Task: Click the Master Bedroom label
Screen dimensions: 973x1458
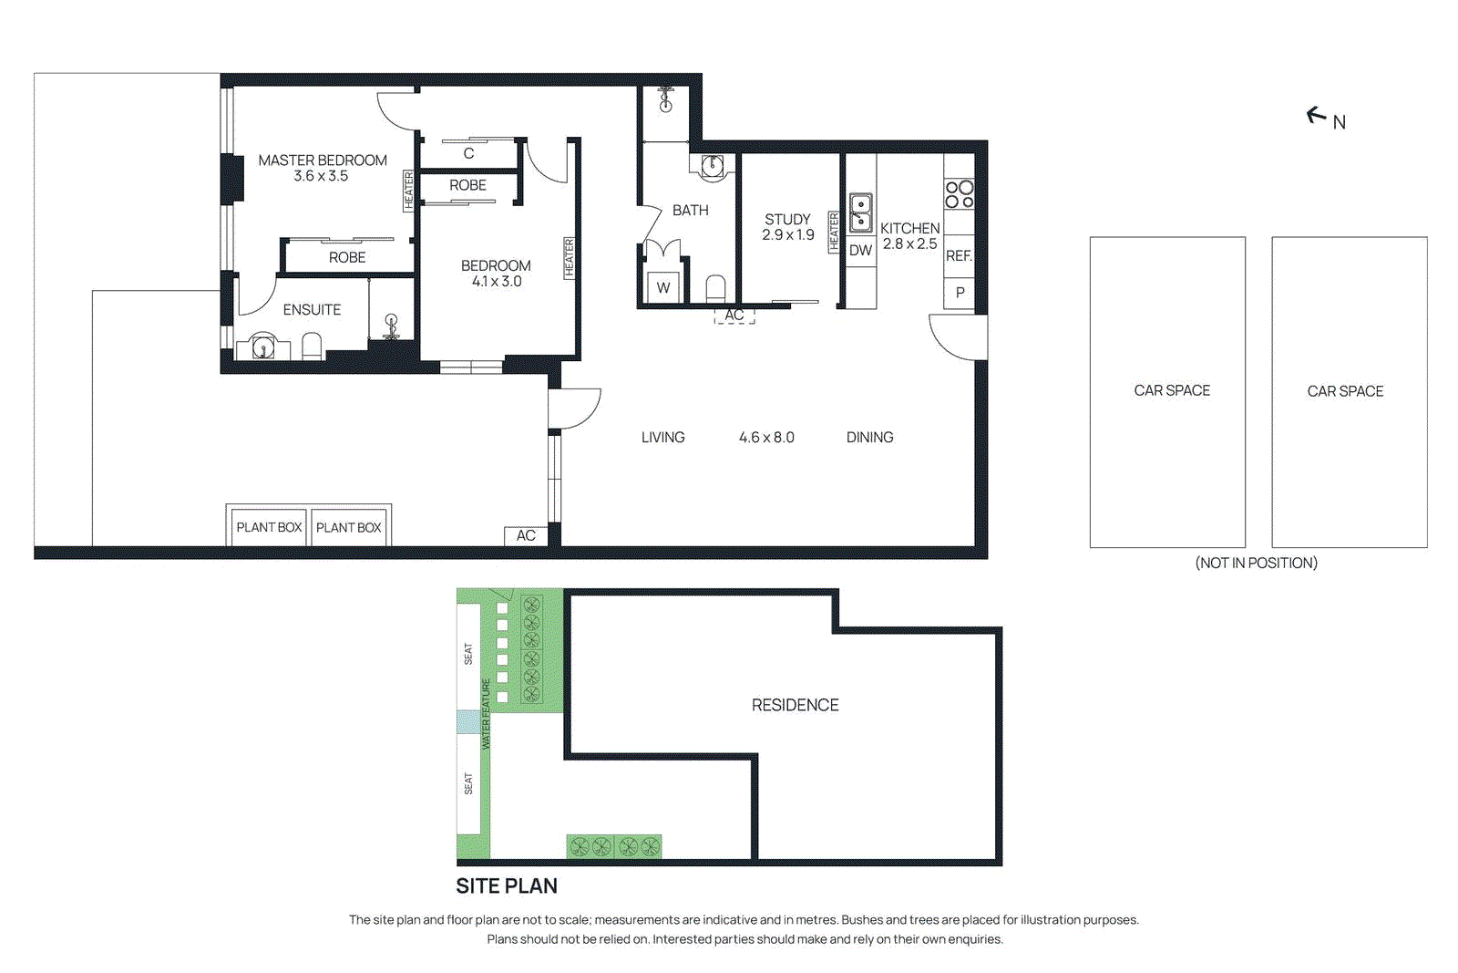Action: [322, 160]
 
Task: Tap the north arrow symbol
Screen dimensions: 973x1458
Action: [1316, 115]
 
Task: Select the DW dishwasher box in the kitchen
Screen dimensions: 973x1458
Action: [860, 250]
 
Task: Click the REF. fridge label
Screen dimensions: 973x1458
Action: [959, 256]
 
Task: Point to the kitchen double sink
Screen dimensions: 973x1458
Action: [860, 212]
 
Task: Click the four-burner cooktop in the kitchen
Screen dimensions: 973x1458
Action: [959, 193]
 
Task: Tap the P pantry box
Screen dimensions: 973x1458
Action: [960, 294]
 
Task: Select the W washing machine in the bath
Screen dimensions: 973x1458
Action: [663, 288]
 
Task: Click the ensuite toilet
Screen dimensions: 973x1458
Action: [312, 347]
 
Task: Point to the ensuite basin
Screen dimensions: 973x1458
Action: [262, 347]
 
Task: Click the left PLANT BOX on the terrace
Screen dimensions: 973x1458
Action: [269, 527]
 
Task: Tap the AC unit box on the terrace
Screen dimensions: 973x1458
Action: [526, 535]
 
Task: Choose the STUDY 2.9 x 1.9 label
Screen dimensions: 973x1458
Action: [787, 227]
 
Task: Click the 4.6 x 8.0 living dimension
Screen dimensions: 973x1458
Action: [766, 438]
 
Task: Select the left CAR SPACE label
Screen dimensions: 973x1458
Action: [1172, 390]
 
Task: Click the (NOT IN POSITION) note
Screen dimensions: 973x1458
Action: [1256, 563]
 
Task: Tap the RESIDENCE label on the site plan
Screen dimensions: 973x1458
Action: [795, 705]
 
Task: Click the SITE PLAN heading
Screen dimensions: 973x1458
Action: [507, 885]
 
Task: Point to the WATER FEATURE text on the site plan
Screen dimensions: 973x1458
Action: [486, 713]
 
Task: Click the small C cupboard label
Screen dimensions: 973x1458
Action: [468, 153]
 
